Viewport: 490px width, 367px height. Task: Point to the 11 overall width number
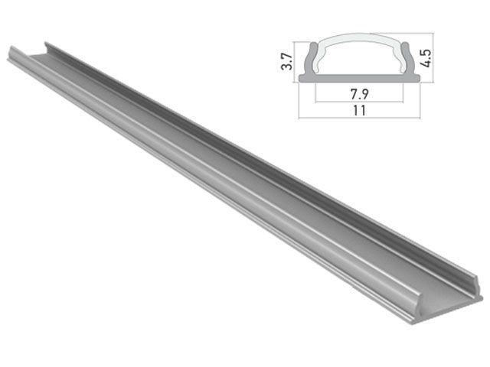(358, 110)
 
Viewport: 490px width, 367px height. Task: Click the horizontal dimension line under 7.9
(358, 101)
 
